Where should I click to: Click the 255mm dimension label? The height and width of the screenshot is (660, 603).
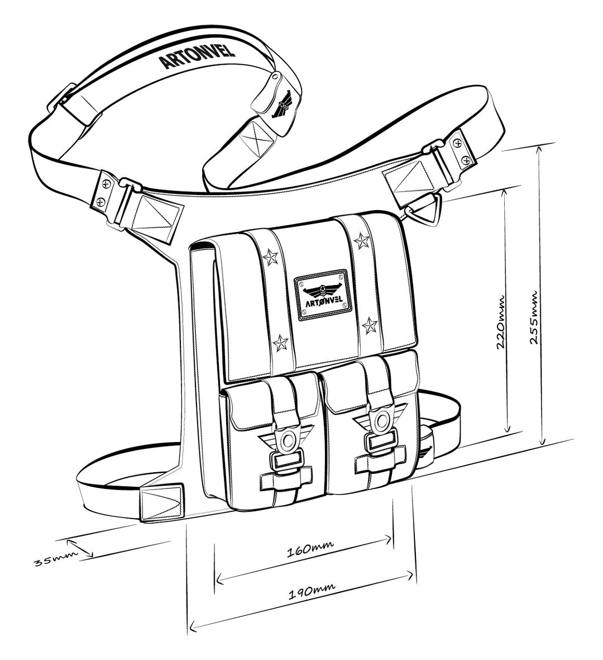pyautogui.click(x=534, y=317)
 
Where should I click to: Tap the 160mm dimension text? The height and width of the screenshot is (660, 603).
pyautogui.click(x=305, y=551)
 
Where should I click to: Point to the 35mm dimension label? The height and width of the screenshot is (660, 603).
pyautogui.click(x=49, y=560)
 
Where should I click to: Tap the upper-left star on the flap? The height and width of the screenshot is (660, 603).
pyautogui.click(x=271, y=257)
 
